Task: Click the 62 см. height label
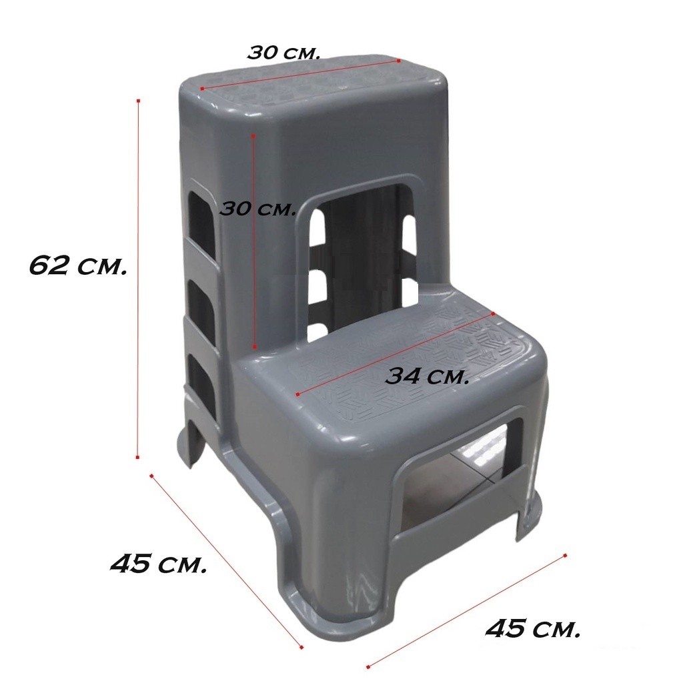tap(77, 265)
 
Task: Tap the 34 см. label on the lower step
tap(427, 376)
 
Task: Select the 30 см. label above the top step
tap(284, 52)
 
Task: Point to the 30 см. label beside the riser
tap(258, 209)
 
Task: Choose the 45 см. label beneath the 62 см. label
tap(158, 564)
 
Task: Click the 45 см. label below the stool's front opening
tap(533, 628)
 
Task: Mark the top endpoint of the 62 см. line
tap(139, 101)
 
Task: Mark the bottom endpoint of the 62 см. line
tap(137, 457)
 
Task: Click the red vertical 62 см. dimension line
tap(138, 279)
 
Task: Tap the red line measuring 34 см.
tap(395, 354)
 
